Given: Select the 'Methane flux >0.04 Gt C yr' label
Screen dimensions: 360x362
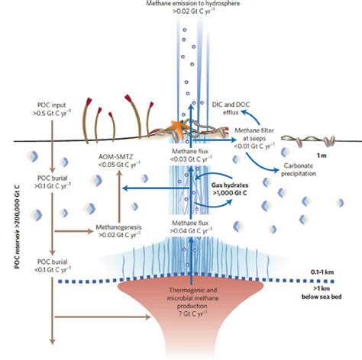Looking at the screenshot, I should pos(181,227).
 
